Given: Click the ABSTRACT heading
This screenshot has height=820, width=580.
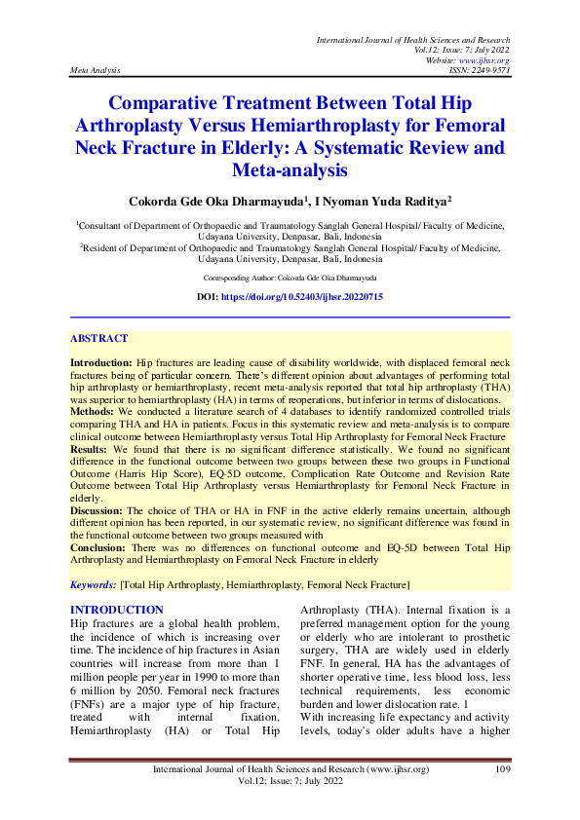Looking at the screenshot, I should pyautogui.click(x=98, y=339).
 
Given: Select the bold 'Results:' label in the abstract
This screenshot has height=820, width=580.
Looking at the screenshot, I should pyautogui.click(x=91, y=450).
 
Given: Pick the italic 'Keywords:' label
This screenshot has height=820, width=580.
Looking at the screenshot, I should pyautogui.click(x=92, y=584).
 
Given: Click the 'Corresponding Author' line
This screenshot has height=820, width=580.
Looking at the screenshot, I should pyautogui.click(x=290, y=278).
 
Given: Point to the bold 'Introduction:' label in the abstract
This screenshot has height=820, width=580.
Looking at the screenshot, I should pyautogui.click(x=101, y=361).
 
